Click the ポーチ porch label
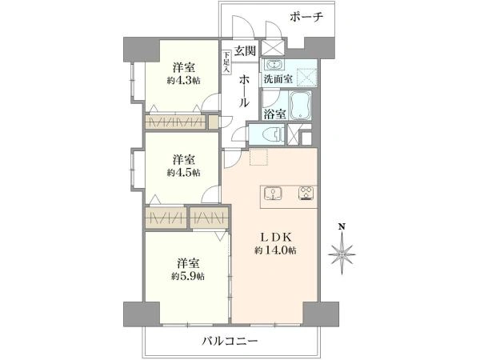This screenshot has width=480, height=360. pos(306,17)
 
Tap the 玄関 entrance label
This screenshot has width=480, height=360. pos(245,50)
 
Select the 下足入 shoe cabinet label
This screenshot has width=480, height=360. pos(226,62)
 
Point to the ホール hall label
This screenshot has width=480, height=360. pos(244,91)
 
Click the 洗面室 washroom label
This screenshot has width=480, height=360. pos(278,79)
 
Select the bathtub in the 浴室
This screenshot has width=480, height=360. pos(300,105)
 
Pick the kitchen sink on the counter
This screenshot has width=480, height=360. pos(273,194)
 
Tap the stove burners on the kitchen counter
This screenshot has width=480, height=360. pos(306,194)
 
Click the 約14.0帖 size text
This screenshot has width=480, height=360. pos(275,250)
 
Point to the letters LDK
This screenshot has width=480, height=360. pos(275,238)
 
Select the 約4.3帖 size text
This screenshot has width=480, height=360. pos(184,81)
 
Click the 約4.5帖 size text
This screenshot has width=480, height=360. pos(184,173)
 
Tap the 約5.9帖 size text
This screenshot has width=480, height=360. pos(188,277)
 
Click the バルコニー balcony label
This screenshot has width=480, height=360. pos(230,341)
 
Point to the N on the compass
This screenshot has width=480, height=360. pos(342,226)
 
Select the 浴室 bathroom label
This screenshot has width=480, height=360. pos(274,114)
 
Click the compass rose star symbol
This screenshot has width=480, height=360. pos(342,254)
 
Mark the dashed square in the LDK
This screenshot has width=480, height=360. pos(258,157)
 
